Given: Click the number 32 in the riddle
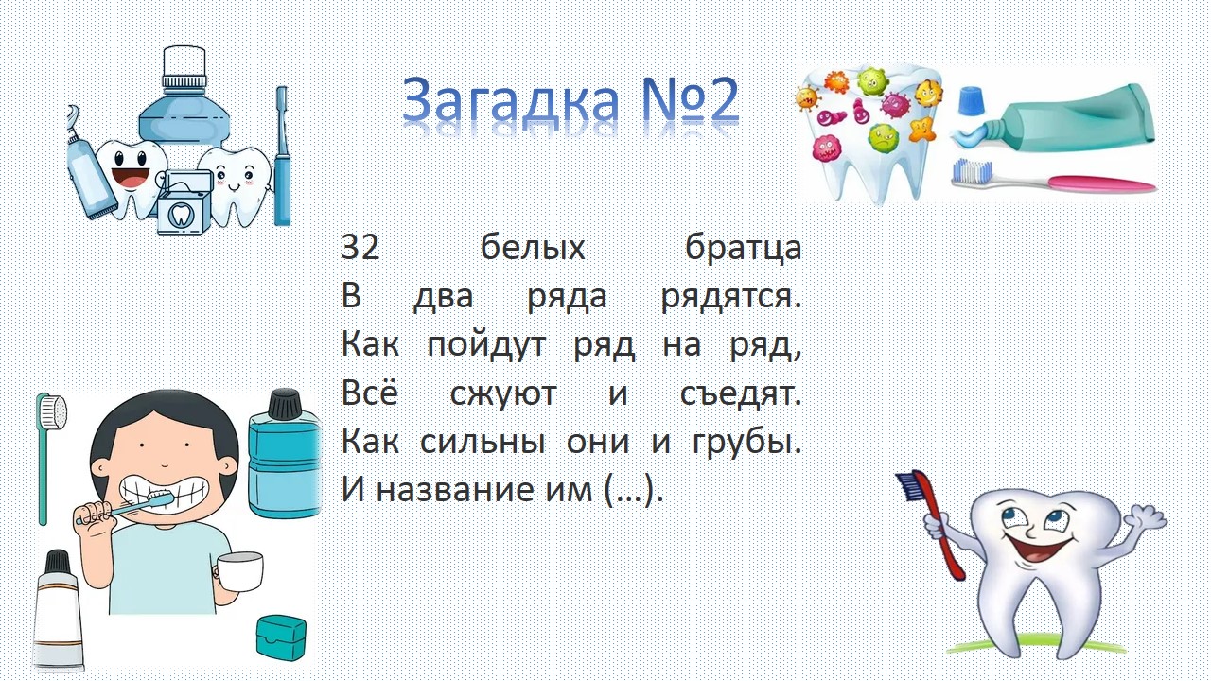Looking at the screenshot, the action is [x=360, y=248].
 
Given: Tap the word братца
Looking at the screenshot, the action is [x=744, y=249].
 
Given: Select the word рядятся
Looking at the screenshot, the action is [x=731, y=298].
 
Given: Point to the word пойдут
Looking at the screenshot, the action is [x=486, y=346].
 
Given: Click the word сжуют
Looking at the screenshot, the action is [x=503, y=394].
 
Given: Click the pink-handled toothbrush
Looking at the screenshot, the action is [x=1051, y=178].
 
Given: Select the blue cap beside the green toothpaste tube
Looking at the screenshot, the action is [x=971, y=100].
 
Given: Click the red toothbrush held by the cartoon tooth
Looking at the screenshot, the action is [x=933, y=521].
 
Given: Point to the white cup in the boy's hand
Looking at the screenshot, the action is [x=239, y=571].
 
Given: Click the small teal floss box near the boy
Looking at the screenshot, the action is [x=281, y=637].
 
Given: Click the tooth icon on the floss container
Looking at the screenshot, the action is [x=179, y=215].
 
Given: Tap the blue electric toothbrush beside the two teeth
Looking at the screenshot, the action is [x=282, y=156].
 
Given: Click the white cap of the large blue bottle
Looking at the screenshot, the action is [x=184, y=66].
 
